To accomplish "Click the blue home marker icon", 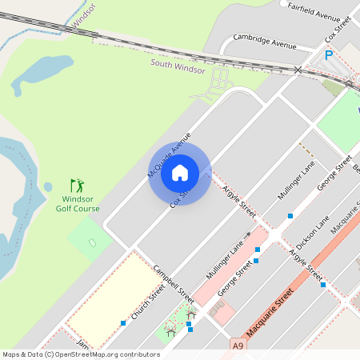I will click(180, 172).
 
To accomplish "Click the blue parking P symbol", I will click(328, 55).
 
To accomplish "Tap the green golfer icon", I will click(77, 185).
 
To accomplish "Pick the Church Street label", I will click(147, 305).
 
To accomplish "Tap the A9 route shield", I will click(238, 345).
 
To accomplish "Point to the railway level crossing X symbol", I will click(298, 70).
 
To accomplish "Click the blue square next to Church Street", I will click(123, 323).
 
